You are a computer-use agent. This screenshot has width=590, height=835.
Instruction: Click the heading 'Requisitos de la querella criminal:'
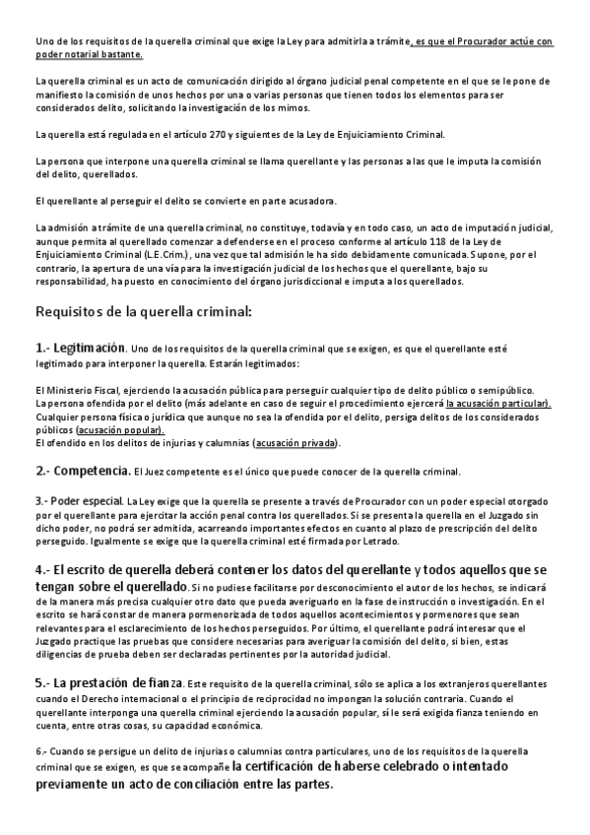coord(144,312)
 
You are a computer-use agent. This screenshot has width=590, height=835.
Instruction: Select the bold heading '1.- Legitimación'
coord(80,348)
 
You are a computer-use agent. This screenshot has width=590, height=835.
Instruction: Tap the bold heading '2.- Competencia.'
coord(82,470)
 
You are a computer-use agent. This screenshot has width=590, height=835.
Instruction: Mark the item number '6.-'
coord(42,751)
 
